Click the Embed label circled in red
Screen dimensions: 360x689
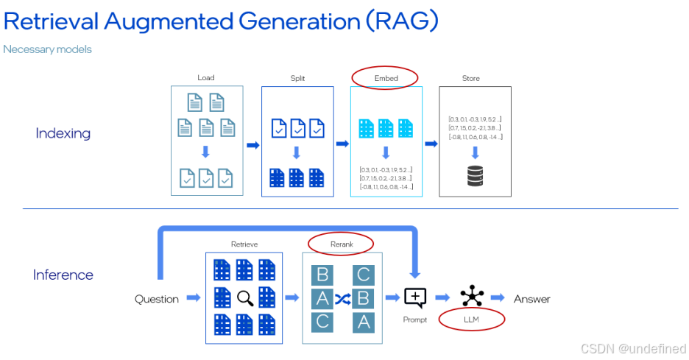[x=386, y=78]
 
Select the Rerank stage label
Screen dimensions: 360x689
[x=342, y=244]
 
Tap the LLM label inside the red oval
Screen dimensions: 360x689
[x=472, y=319]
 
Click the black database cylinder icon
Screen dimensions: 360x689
[x=476, y=177]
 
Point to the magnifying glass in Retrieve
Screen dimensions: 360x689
[x=246, y=297]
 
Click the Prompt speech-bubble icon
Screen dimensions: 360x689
[x=415, y=297]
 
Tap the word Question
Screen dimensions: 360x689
[x=157, y=299]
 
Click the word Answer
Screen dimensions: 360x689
[x=531, y=299]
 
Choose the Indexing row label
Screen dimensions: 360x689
[x=63, y=133]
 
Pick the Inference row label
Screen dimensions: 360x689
[x=63, y=275]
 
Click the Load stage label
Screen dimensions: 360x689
[x=206, y=78]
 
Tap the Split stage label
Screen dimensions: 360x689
[x=297, y=78]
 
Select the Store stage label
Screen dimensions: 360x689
[x=471, y=78]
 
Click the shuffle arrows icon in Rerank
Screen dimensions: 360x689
[x=342, y=298]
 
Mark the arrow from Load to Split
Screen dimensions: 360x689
[x=252, y=145]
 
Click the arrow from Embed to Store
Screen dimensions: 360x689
[x=431, y=145]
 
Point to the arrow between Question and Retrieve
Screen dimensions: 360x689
[x=193, y=298]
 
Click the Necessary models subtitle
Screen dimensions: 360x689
[x=48, y=49]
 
